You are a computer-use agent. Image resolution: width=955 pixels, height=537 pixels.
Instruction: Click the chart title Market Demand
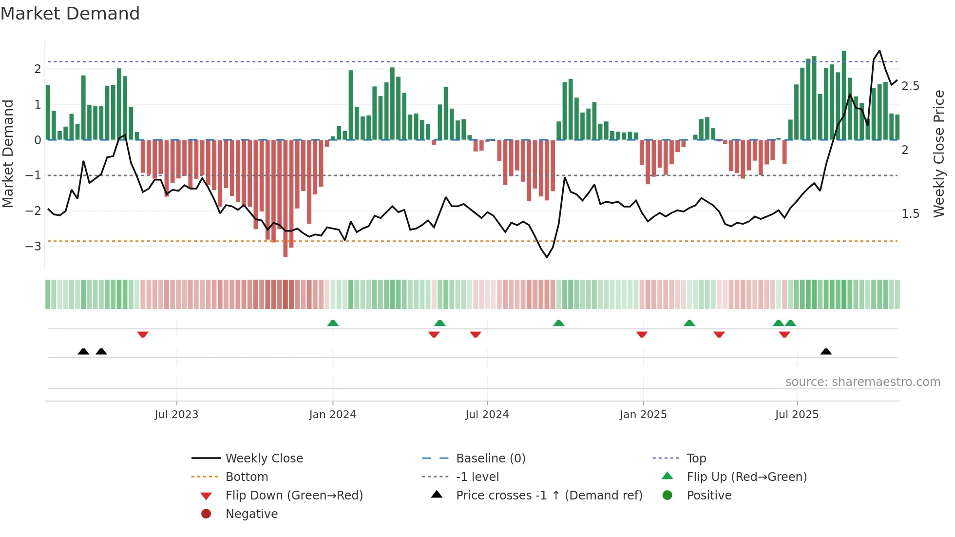(x=70, y=13)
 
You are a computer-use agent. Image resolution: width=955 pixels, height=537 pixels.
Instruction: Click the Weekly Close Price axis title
(x=938, y=153)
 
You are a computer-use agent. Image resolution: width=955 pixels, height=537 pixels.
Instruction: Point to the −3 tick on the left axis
(x=34, y=246)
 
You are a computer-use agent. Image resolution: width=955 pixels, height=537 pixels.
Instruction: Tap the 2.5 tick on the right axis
(x=910, y=86)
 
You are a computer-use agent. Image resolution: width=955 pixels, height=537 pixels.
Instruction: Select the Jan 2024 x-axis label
(x=332, y=414)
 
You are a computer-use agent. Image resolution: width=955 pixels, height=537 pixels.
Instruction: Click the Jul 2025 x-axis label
(x=797, y=414)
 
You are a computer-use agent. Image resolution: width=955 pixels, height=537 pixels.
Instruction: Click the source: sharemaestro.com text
(x=862, y=382)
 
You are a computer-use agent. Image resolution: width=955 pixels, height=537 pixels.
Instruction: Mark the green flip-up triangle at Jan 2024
(x=333, y=323)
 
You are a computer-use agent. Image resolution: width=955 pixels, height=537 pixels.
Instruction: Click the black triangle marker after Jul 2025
(x=826, y=351)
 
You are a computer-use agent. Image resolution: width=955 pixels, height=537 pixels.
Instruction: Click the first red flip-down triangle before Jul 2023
(x=143, y=334)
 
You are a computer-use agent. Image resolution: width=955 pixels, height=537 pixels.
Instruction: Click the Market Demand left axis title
(x=8, y=153)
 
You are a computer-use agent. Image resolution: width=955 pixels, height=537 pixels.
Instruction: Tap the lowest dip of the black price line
(x=547, y=257)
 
